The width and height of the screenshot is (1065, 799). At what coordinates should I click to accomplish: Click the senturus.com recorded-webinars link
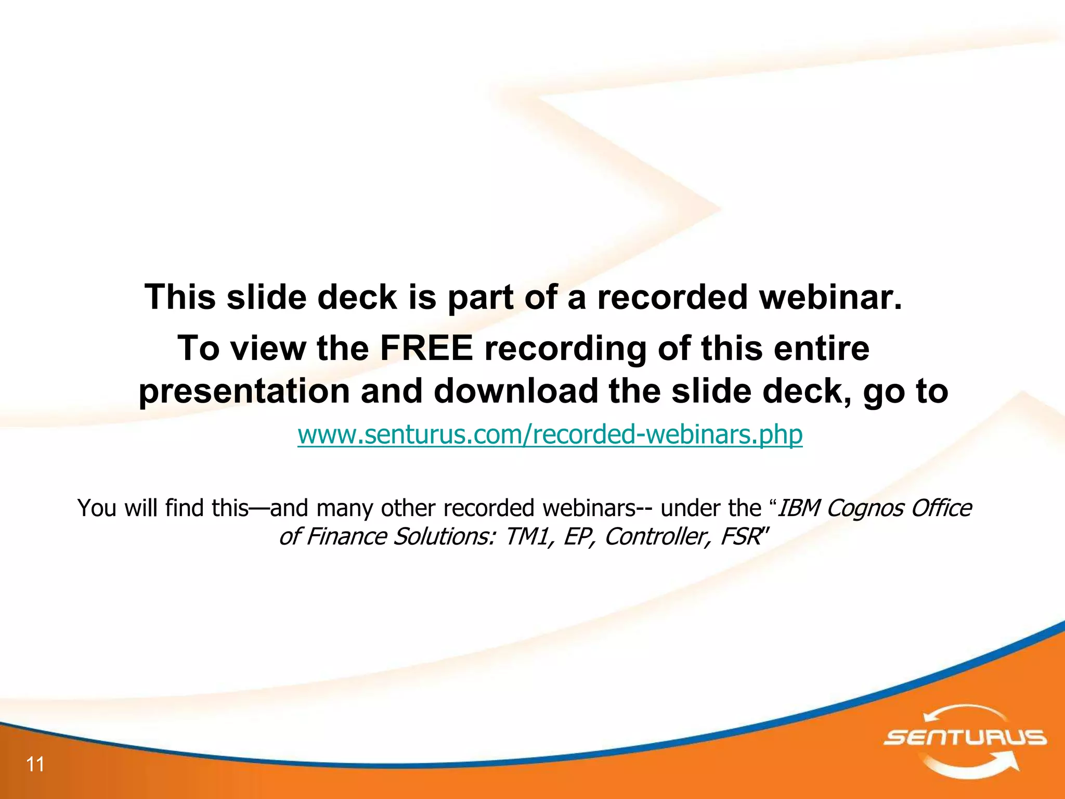tap(550, 434)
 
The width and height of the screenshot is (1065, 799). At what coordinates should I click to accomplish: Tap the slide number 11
tap(35, 764)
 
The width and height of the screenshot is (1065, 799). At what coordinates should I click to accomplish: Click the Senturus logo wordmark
tap(965, 737)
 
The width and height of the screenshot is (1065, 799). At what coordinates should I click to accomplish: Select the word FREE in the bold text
tap(426, 348)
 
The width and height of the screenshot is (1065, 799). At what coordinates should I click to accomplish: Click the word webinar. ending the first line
tap(830, 297)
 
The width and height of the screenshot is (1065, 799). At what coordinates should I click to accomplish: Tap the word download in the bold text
tap(515, 391)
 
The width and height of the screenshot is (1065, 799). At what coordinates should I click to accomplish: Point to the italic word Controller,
tap(657, 537)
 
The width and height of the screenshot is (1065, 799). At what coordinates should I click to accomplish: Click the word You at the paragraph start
tap(97, 508)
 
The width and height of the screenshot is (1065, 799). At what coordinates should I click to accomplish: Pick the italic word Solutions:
tap(444, 537)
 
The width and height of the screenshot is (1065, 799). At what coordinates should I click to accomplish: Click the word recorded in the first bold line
tap(672, 297)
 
